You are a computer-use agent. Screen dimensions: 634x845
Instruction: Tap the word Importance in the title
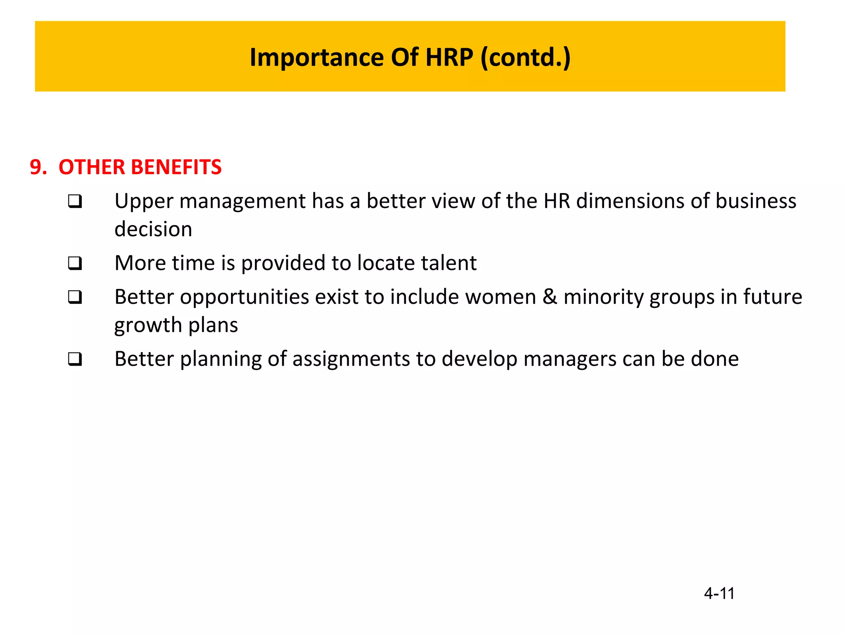(317, 57)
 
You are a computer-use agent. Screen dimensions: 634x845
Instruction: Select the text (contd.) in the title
(526, 57)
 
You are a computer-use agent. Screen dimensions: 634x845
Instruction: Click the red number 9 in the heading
(36, 167)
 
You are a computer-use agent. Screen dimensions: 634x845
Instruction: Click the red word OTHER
(92, 167)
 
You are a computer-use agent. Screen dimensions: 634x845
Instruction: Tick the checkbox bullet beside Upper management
(75, 202)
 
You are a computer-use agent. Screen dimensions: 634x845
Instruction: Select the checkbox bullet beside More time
(75, 263)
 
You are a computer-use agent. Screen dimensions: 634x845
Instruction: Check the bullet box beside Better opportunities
(75, 297)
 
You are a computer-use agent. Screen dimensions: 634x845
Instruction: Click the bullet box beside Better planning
(75, 359)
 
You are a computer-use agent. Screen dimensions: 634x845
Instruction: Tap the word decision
(153, 229)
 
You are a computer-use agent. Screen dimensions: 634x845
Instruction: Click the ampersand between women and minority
(550, 297)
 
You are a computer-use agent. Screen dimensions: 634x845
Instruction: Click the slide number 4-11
(719, 594)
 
